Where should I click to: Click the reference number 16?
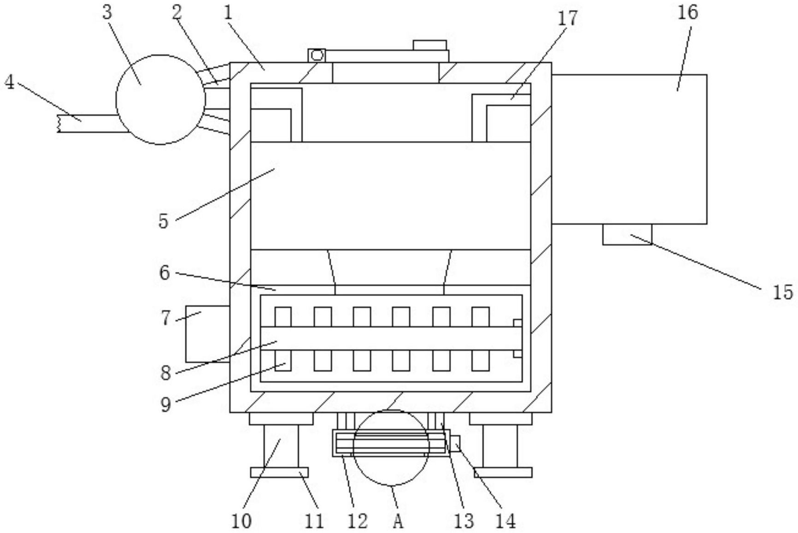click(687, 12)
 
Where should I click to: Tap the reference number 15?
click(783, 292)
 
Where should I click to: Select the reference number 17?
click(567, 18)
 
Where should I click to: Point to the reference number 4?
click(9, 83)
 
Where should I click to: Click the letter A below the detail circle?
click(398, 521)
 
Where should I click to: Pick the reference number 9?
click(165, 404)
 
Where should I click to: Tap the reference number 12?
click(357, 521)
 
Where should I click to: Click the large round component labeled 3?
click(160, 100)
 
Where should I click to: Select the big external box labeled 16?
click(629, 149)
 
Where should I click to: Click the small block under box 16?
click(627, 234)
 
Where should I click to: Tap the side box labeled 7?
click(207, 334)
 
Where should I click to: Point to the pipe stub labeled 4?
click(88, 124)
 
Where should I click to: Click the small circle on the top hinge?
click(317, 55)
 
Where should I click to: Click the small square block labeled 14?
click(455, 443)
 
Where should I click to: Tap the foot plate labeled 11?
click(279, 472)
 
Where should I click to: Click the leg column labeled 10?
click(281, 446)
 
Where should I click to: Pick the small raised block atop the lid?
click(430, 45)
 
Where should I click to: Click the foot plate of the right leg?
click(503, 472)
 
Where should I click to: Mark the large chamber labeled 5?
click(391, 196)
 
